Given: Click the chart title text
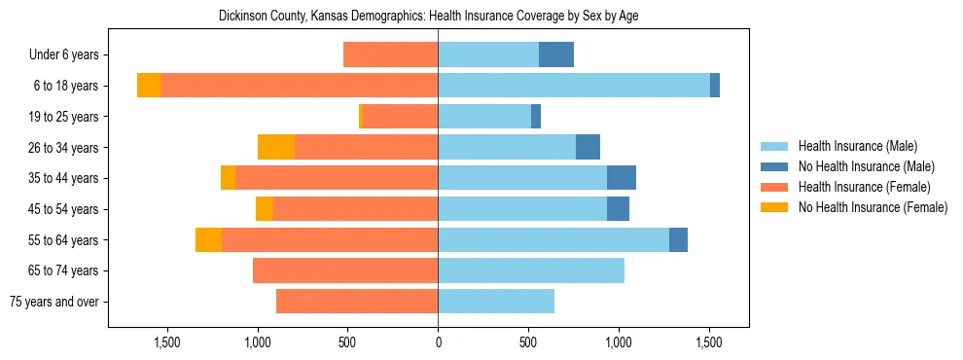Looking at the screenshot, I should pos(428,17).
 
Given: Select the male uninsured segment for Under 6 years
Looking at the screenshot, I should pos(556,54).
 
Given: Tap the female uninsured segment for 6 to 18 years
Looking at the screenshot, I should pos(149,86).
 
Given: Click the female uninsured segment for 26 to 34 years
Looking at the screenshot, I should pos(276,147).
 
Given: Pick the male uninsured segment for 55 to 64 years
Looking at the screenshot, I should pos(678,239).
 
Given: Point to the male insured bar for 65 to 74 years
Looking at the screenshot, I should pos(531,270).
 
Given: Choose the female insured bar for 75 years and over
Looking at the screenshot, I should pos(357,302).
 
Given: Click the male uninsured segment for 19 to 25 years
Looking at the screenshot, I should pos(536,117).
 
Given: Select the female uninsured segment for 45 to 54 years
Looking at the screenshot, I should pos(265,209).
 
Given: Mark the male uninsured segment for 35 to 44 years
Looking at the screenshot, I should pos(622,178).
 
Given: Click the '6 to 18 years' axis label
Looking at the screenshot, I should pos(65,86).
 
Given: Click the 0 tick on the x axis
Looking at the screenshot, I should pos(438,342).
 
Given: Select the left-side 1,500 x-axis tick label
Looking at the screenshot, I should pos(167,342).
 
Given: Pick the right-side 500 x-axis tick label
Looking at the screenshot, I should pos(528,342).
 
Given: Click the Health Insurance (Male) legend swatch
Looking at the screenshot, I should pos(774,146).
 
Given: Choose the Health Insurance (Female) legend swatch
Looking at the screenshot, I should pos(774,187).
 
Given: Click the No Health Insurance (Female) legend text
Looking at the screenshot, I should pos(873,207).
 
